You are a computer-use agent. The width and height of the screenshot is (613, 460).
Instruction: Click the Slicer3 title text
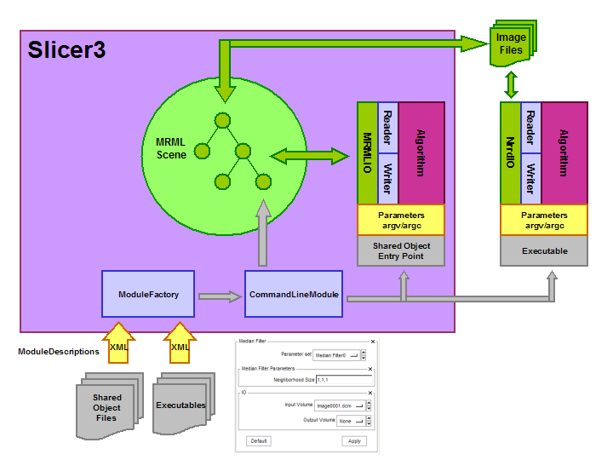click(67, 49)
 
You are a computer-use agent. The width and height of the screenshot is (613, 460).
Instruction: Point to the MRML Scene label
click(171, 149)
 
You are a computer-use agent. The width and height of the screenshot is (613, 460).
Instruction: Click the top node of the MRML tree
click(223, 120)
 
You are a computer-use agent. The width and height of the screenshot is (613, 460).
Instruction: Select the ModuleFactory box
click(148, 295)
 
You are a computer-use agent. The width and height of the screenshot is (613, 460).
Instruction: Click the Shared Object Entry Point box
click(401, 250)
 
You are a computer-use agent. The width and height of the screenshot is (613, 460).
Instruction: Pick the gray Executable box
click(544, 252)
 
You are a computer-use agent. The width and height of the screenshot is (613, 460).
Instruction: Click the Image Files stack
click(511, 43)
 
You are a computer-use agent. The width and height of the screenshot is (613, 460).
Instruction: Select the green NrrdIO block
click(510, 153)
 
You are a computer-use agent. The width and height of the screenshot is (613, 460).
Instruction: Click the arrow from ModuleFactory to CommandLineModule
click(220, 296)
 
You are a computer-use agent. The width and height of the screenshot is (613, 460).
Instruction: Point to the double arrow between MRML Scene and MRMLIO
click(310, 156)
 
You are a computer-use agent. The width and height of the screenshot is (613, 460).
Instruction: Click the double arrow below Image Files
click(512, 83)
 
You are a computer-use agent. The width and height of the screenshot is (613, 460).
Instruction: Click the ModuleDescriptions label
click(59, 351)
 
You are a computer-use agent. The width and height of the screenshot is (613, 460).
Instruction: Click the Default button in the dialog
click(260, 441)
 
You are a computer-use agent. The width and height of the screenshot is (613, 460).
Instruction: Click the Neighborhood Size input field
click(342, 379)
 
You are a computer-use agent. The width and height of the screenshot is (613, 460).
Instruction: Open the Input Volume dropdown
click(338, 405)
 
